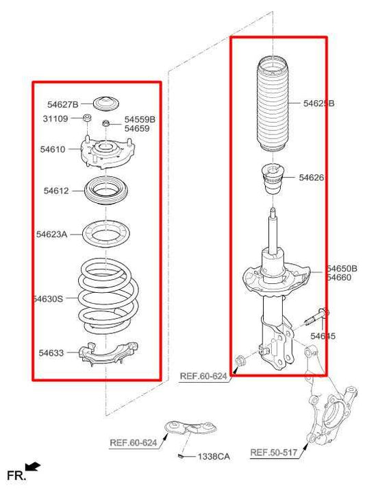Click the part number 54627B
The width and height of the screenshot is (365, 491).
coord(62,105)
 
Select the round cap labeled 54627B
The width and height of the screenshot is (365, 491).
coord(105,104)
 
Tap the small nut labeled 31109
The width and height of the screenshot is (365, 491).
coord(88,121)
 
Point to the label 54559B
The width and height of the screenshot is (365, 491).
coord(140,119)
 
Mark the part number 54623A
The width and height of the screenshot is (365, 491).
coord(52,235)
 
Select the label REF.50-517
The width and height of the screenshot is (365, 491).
coord(273,453)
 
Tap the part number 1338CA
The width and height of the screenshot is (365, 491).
coord(214,456)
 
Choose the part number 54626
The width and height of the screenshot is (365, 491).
coord(312,178)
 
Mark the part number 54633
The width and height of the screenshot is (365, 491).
coord(51,353)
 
